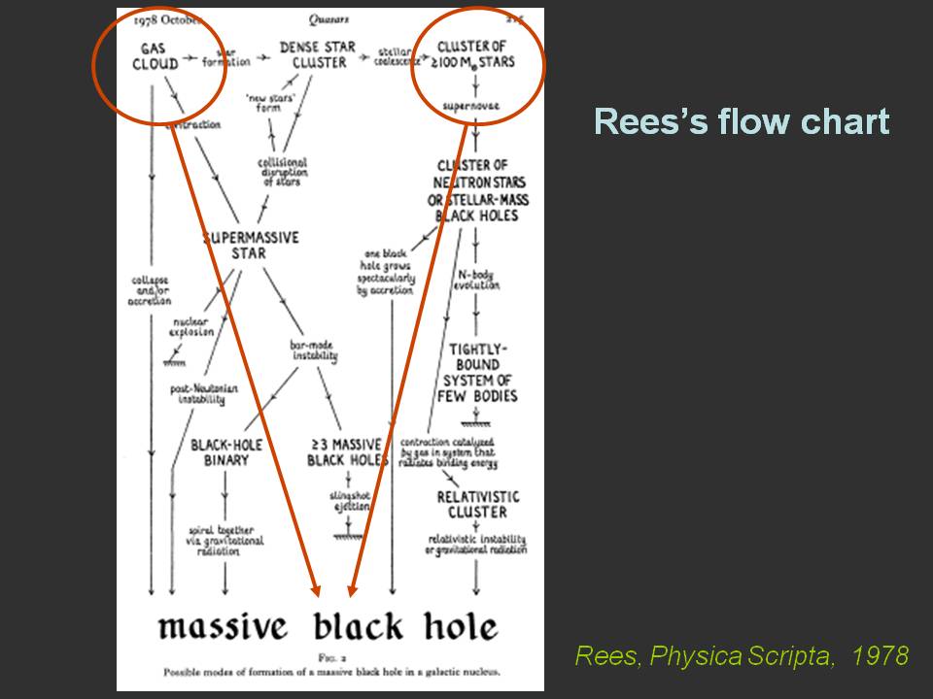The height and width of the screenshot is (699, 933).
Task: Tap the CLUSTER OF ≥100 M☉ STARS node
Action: [475, 54]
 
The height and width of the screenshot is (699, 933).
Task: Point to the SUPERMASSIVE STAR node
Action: [251, 245]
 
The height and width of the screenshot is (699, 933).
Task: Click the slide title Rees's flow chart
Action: [741, 122]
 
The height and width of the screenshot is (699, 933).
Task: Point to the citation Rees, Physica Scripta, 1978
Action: [741, 656]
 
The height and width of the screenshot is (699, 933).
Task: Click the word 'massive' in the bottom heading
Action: [223, 627]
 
